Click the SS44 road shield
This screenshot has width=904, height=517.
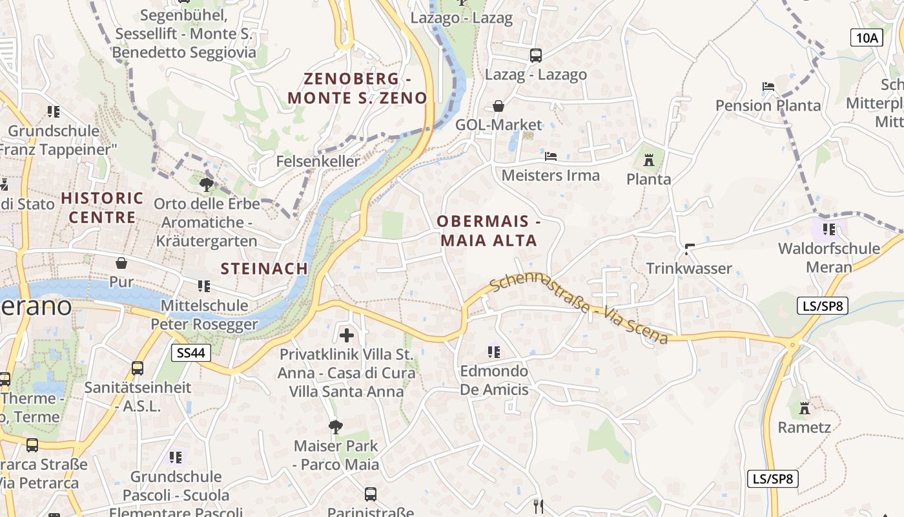pos(191,352)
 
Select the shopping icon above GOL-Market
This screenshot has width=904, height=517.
pos(498,106)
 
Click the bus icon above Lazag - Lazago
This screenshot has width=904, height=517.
pos(536,56)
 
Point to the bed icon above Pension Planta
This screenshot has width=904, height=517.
pos(768,87)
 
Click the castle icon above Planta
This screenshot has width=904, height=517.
pos(649,159)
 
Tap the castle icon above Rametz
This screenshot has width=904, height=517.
pos(804,408)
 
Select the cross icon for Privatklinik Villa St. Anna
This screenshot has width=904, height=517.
pos(347,335)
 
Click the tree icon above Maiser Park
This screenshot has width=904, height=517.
pos(335,427)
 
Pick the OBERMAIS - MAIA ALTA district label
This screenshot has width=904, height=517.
pos(488,231)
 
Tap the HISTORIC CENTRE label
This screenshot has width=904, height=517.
pos(103,207)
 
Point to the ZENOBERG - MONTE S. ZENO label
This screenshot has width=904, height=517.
pos(357,89)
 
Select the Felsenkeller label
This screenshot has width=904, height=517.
pos(318,161)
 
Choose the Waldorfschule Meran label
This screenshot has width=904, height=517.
pos(829,257)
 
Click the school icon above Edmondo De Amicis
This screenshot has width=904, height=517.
pos(494,352)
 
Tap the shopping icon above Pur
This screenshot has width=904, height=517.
pos(121,263)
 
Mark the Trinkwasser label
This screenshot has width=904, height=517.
pos(689,268)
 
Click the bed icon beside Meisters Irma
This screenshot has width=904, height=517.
pos(550,156)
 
